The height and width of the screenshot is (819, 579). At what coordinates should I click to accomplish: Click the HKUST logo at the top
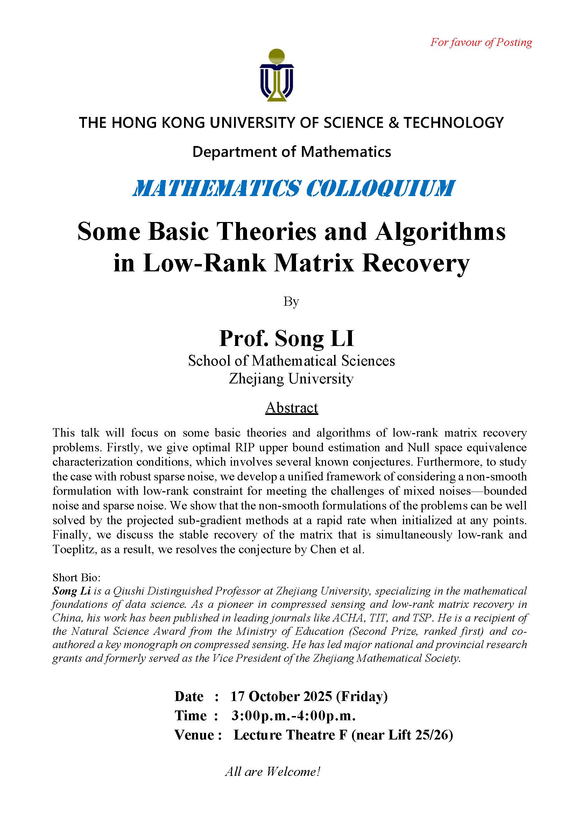click(x=277, y=75)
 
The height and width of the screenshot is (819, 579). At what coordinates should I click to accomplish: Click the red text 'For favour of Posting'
click(x=481, y=42)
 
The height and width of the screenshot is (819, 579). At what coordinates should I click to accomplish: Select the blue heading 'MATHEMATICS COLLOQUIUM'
click(x=294, y=188)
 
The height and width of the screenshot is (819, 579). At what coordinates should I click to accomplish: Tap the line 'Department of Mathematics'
click(x=292, y=152)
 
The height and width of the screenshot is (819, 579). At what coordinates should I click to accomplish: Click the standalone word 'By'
click(x=291, y=302)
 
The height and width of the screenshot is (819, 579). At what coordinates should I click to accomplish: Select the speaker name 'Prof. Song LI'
click(x=287, y=338)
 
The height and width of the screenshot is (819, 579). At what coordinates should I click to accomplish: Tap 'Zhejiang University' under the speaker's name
click(x=291, y=379)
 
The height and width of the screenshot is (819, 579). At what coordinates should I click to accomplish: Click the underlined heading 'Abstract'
click(x=291, y=408)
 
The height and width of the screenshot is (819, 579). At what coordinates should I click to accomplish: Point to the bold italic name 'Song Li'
click(x=71, y=591)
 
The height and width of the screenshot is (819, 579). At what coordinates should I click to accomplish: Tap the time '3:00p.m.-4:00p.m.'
click(x=293, y=715)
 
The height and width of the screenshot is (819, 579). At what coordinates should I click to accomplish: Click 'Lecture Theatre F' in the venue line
click(x=290, y=735)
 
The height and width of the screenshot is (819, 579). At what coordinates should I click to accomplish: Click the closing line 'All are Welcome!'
click(x=273, y=772)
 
